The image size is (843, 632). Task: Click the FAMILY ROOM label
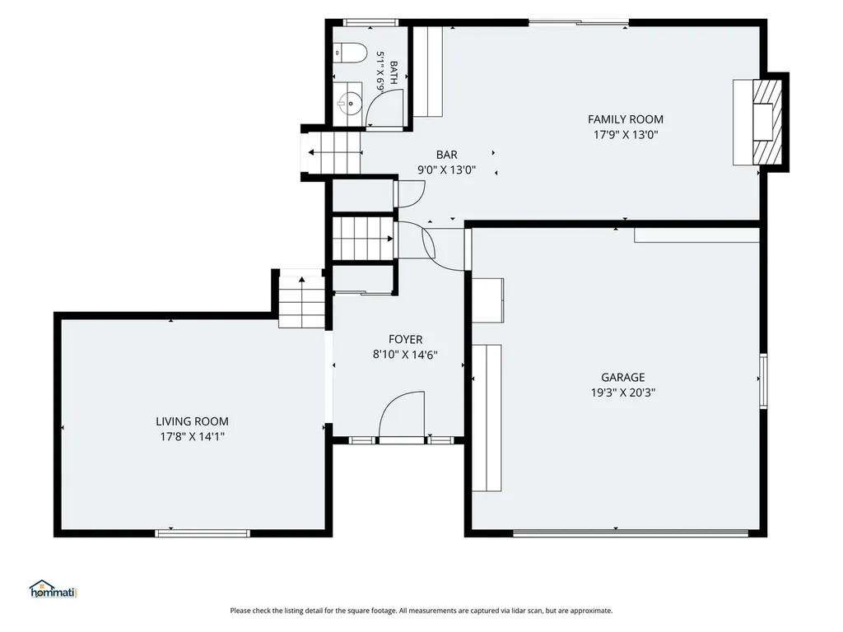626,119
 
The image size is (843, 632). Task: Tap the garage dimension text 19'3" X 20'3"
623,393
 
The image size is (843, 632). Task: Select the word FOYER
405,340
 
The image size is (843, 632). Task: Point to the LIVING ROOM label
192,421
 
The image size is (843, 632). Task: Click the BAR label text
447,155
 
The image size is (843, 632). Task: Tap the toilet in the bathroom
350,53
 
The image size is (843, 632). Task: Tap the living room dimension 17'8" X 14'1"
192,436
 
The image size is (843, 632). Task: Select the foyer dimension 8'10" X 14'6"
405,355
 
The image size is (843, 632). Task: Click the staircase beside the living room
301,302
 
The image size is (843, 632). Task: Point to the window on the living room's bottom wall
203,533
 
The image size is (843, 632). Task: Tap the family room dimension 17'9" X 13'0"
626,134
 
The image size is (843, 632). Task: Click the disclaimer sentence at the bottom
421,611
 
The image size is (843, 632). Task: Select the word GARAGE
623,377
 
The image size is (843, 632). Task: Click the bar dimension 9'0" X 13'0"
447,170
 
